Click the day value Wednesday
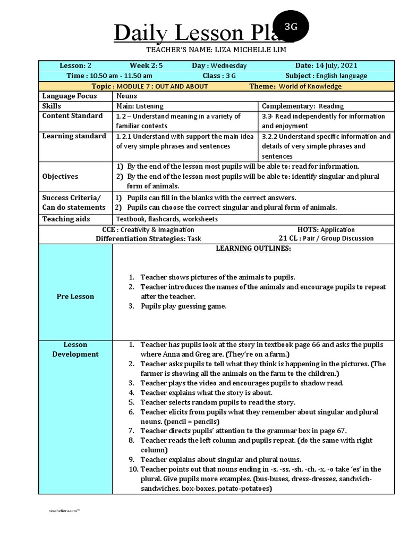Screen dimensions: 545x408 click(x=228, y=65)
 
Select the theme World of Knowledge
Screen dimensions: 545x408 click(x=310, y=86)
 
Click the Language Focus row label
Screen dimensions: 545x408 click(x=70, y=96)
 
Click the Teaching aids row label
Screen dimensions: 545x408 click(x=66, y=219)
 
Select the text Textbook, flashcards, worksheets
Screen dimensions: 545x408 click(x=167, y=219)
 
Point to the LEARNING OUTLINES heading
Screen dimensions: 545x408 click(x=253, y=249)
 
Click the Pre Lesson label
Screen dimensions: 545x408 click(x=75, y=296)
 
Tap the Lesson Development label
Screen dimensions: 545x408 click(x=75, y=349)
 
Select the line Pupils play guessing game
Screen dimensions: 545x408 click(x=183, y=306)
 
